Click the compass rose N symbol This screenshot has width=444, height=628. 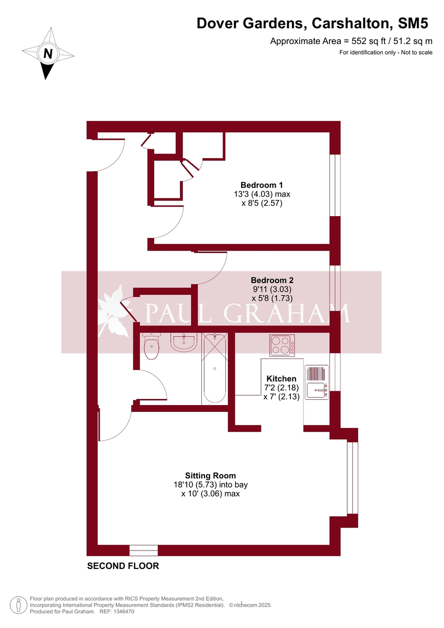click(x=48, y=53)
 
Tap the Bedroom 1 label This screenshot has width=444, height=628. click(x=261, y=185)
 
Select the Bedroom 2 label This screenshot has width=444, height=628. click(x=271, y=280)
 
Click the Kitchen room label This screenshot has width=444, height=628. click(x=281, y=379)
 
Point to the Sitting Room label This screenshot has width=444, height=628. click(x=213, y=476)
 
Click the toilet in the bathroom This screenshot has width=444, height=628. click(x=151, y=348)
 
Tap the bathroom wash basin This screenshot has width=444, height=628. click(x=184, y=342)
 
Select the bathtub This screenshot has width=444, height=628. click(x=214, y=368)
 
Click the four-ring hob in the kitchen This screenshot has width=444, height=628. click(x=282, y=345)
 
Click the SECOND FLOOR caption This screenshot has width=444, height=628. click(x=123, y=566)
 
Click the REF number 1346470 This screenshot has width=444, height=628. click(x=124, y=611)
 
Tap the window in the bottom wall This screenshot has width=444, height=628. click(x=143, y=551)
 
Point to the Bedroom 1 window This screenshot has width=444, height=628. click(x=335, y=185)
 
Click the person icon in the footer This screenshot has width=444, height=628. click(x=19, y=605)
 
